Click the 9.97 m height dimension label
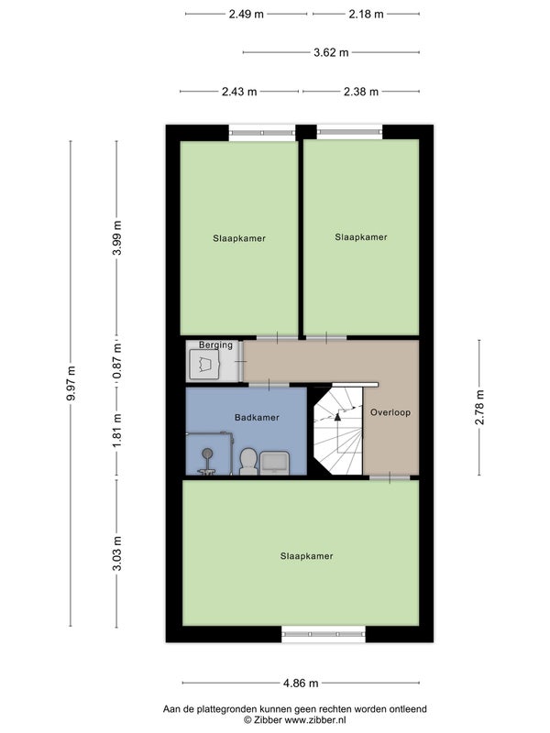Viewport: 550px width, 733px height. (71, 383)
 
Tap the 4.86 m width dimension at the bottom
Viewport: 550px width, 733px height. (301, 683)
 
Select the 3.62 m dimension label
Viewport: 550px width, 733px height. (331, 52)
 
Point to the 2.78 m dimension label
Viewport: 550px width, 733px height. (479, 407)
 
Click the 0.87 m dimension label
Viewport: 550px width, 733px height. (117, 361)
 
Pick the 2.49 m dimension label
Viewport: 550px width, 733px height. (246, 14)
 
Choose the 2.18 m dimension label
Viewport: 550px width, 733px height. (366, 14)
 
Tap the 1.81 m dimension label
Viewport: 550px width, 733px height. (117, 430)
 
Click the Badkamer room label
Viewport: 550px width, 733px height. (257, 418)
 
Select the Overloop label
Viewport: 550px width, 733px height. (390, 412)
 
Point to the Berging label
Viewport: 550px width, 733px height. (215, 345)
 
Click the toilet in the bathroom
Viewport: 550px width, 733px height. (248, 461)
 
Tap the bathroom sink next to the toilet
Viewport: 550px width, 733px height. (274, 463)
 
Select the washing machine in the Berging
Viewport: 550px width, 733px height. (204, 364)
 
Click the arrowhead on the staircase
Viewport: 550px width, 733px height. (337, 417)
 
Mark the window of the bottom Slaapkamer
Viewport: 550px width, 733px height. (324, 634)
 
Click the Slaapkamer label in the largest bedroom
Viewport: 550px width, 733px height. (307, 556)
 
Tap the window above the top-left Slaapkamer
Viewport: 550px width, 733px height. (262, 133)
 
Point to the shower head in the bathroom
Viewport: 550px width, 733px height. (207, 453)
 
